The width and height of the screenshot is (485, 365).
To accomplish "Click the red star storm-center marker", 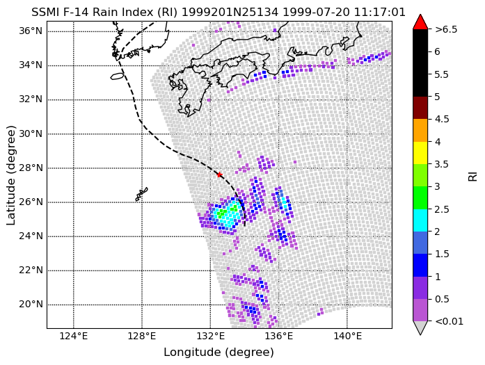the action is coord(219,175).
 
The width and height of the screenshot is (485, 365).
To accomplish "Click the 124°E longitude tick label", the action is coord(74,336).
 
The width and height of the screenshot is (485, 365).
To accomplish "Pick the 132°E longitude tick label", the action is coord(210,336).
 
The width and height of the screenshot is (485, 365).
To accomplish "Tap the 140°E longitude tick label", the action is coord(347,336).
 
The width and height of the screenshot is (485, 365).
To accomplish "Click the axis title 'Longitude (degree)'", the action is coord(218,352).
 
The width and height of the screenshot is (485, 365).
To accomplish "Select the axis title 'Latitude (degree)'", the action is coord(11,175).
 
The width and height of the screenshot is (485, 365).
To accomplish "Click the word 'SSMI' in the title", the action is coord(45,13).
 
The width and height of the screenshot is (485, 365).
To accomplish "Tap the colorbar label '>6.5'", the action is coord(446,29).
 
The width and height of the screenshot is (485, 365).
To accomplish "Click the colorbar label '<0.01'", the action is coord(449,321).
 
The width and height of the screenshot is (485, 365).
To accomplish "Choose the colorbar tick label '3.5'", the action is coord(442,164).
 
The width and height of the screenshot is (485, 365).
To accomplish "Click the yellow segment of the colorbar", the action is coord(420,153).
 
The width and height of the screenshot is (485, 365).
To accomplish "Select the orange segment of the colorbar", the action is coord(420,131).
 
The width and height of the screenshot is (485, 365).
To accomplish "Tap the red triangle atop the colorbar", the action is coord(420,22).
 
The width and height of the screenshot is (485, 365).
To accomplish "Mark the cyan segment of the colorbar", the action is coord(420,220).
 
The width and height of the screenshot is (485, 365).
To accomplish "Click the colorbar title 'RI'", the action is coord(473,177).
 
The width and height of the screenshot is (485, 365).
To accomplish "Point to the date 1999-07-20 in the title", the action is coord(317,13).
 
